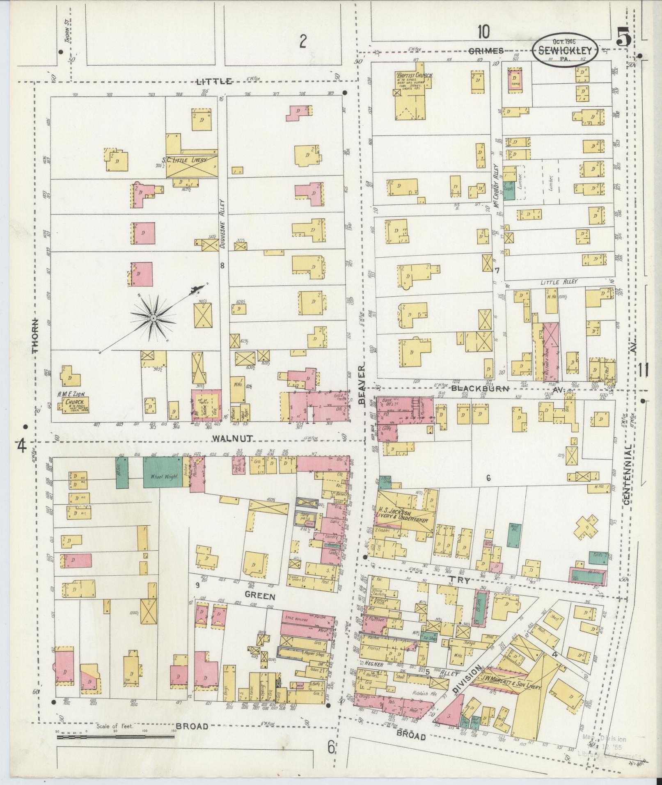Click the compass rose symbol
[153, 318]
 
